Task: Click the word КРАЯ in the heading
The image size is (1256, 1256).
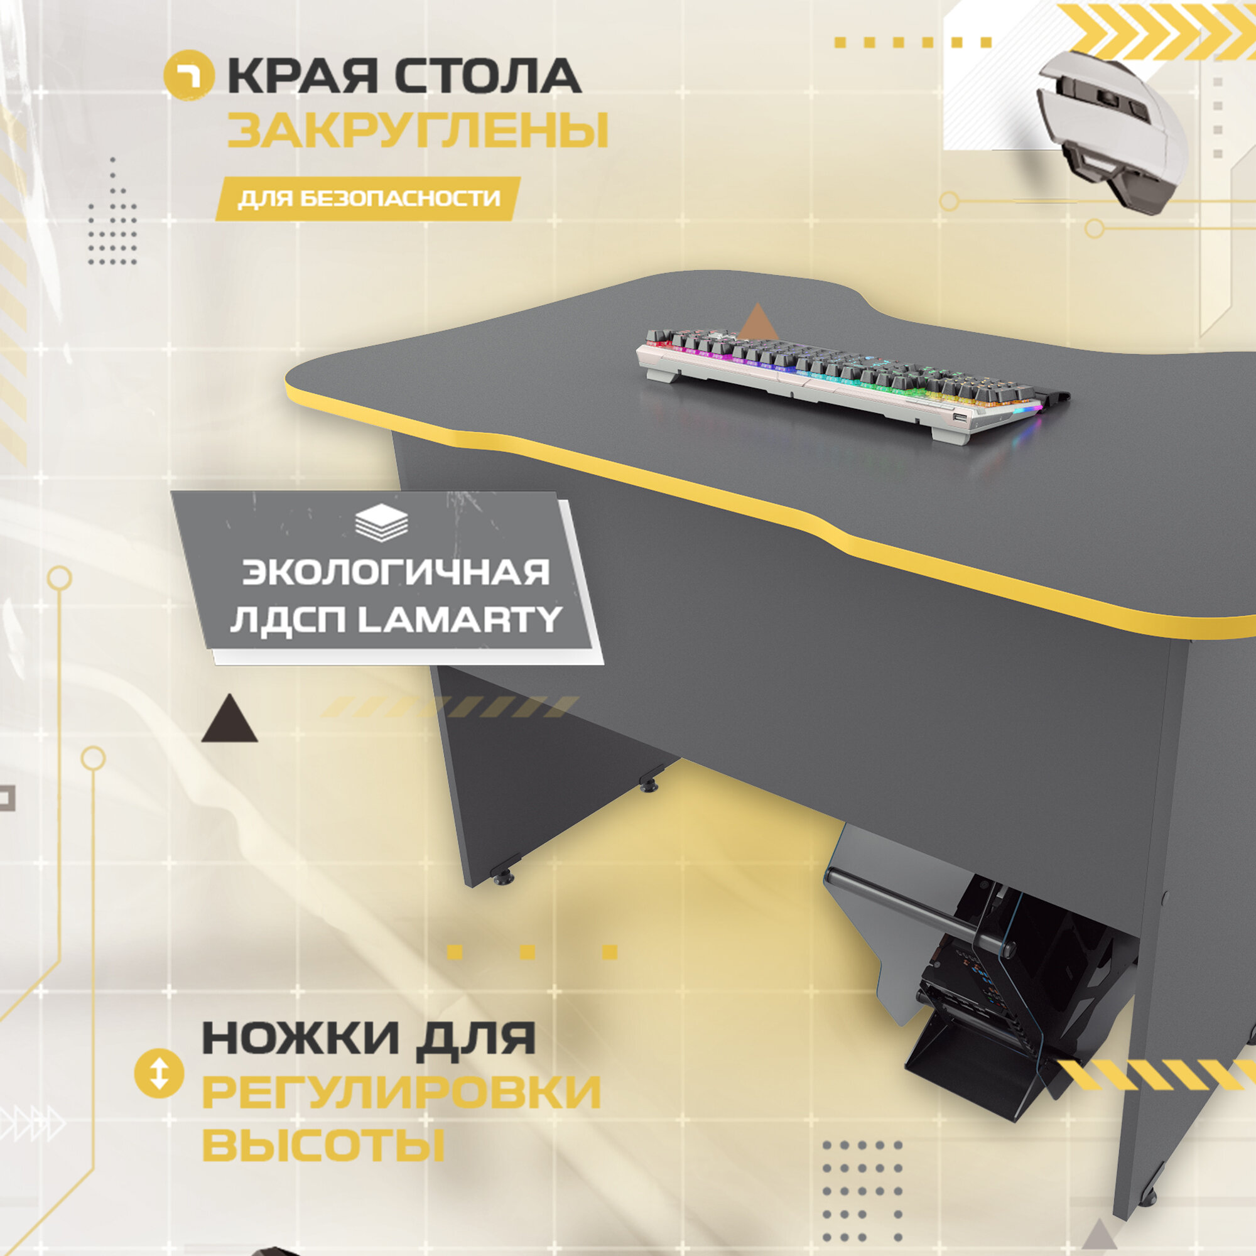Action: click(x=302, y=77)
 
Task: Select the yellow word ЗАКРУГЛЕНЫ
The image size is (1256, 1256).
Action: click(x=418, y=131)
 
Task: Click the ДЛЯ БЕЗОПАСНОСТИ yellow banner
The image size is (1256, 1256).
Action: click(x=369, y=198)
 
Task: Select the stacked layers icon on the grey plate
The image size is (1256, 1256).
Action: click(x=382, y=522)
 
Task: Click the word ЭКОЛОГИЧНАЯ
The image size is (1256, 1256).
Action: click(x=396, y=573)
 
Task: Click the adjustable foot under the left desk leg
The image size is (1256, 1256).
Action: click(x=504, y=878)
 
